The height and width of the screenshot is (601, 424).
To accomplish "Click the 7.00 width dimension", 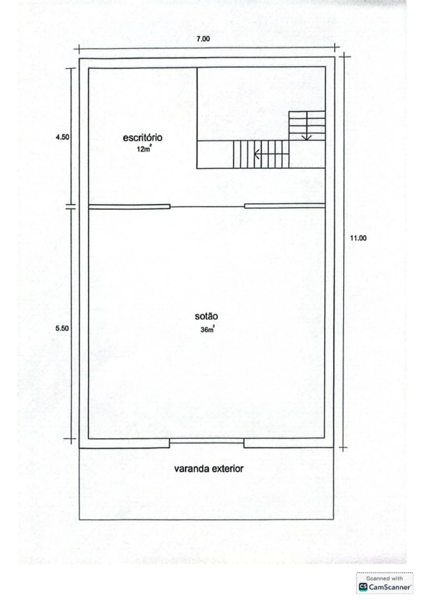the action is (203, 39).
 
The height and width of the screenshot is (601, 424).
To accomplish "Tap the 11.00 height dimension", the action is (358, 238).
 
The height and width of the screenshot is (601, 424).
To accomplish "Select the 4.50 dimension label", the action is (62, 137).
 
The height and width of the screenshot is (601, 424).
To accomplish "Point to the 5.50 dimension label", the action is (62, 328).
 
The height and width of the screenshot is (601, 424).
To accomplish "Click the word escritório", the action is (142, 137).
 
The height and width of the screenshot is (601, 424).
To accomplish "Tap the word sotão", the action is (206, 316).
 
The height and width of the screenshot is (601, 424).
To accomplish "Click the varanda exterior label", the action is (209, 469).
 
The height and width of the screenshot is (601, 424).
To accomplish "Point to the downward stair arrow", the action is (307, 126).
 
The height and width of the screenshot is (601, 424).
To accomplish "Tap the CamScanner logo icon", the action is (363, 587).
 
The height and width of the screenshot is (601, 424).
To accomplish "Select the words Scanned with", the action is (385, 578).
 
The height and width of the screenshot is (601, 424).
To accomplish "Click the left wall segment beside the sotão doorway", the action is (130, 207).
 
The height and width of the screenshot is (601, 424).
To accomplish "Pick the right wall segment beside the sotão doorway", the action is (285, 206).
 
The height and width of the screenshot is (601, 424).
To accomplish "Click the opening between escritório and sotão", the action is (207, 207).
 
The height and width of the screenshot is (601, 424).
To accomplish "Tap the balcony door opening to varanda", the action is (207, 441).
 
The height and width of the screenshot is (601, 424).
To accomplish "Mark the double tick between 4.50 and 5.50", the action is (70, 207).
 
